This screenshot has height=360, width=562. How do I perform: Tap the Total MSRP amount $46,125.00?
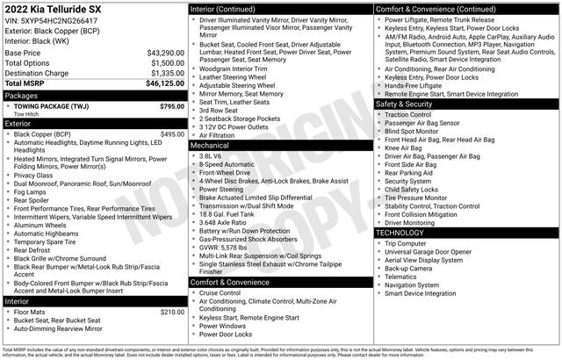click(x=163, y=83)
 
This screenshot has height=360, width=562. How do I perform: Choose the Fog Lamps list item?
click(x=31, y=191)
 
